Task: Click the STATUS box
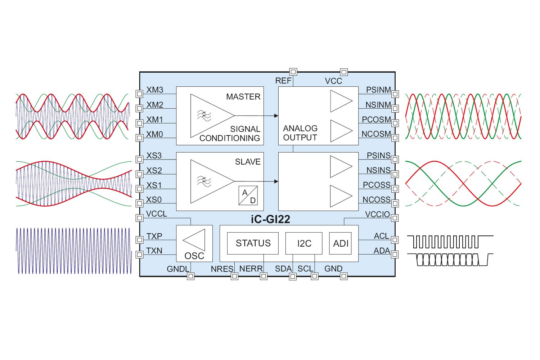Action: pos(253,243)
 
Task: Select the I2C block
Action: pos(304,243)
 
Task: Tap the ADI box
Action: pos(340,243)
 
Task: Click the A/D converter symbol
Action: pos(248,196)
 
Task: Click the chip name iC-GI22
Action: pos(270,219)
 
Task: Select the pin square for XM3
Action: pos(139,94)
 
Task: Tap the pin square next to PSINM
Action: pos(395,94)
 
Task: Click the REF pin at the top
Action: pos(293,72)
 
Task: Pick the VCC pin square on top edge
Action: pos(344,72)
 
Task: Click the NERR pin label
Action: pos(251,269)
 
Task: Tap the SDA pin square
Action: pos(293,276)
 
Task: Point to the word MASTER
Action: pos(243,96)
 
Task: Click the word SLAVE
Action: pos(248,162)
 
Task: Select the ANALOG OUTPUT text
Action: pos(300,133)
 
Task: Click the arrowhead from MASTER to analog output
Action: pos(276,116)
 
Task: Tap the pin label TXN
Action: pos(154,251)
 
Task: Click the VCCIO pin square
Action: pos(395,218)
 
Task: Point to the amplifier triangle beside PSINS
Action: pos(340,166)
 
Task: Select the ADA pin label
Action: pos(382,251)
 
